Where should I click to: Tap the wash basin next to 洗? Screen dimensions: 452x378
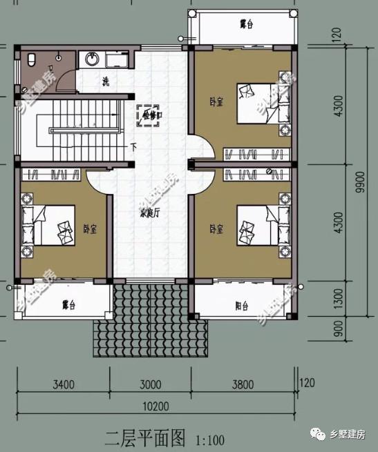[90, 60]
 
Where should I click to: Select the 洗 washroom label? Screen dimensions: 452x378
[105, 81]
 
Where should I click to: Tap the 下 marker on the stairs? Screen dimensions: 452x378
[133, 146]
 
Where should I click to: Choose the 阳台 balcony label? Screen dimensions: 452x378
[242, 305]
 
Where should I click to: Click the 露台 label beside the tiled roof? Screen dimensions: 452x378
[68, 304]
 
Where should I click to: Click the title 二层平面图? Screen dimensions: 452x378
[145, 438]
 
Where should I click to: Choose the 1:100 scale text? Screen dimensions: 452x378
[210, 439]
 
